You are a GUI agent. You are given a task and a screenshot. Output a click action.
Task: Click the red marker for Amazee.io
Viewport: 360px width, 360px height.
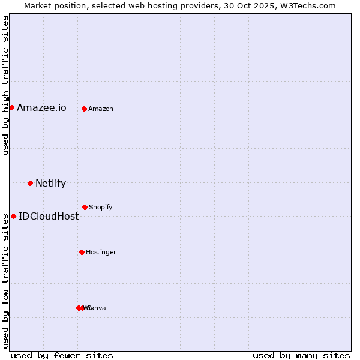pos(11,108)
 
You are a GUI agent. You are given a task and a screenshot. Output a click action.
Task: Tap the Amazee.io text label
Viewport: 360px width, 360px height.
pos(41,108)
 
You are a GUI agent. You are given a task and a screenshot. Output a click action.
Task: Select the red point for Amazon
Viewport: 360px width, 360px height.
pos(84,109)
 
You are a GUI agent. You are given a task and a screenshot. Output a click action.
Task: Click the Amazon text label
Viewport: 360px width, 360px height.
pos(101,109)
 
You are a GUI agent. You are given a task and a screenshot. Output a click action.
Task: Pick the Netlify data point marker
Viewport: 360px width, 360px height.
pos(30,183)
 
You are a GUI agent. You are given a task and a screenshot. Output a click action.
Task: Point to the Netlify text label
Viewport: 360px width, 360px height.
pos(50,184)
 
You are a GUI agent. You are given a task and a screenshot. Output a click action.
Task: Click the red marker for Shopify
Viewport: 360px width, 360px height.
pos(85,207)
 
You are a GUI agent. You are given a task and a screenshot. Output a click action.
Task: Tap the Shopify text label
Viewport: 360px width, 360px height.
pos(101,208)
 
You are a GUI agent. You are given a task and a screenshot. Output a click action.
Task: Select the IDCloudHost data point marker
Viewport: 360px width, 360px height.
pos(13,216)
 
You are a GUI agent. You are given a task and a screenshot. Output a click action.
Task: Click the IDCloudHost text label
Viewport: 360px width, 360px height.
pos(49,217)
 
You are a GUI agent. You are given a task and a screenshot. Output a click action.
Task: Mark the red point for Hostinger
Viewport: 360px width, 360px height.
pos(82,252)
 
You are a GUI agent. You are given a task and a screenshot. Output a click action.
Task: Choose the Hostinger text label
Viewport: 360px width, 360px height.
pos(101,253)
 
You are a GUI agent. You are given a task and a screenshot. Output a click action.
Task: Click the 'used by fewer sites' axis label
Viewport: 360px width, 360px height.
pos(62,356)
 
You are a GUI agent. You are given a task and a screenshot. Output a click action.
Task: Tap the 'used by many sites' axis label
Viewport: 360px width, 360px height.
pos(301,356)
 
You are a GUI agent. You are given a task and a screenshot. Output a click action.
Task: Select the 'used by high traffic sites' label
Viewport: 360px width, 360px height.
pos(5,85)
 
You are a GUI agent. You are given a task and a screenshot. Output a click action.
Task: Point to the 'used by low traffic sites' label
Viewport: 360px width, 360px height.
pos(5,281)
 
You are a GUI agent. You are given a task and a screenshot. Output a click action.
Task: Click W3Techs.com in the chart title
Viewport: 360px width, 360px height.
pos(308,5)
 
